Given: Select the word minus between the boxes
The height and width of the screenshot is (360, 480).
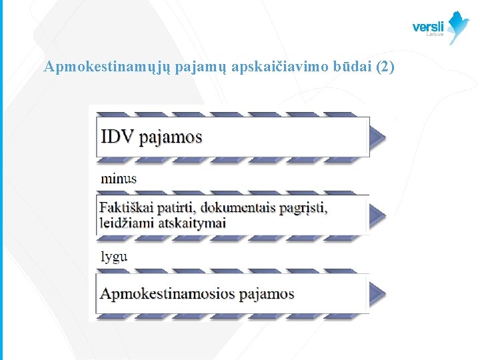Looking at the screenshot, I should [119, 178].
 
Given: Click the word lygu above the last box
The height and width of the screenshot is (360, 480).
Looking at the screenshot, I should [114, 256].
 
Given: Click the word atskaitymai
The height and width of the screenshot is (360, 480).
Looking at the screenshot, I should [192, 223].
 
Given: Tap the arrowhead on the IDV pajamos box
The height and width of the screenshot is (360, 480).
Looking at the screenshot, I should [377, 137].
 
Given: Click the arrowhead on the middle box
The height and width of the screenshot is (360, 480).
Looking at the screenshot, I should [377, 215].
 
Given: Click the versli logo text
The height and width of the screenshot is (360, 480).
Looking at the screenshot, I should [428, 27].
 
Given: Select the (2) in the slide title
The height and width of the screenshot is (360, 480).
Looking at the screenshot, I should [386, 67].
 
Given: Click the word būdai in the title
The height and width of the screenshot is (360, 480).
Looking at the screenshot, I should [352, 67].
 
